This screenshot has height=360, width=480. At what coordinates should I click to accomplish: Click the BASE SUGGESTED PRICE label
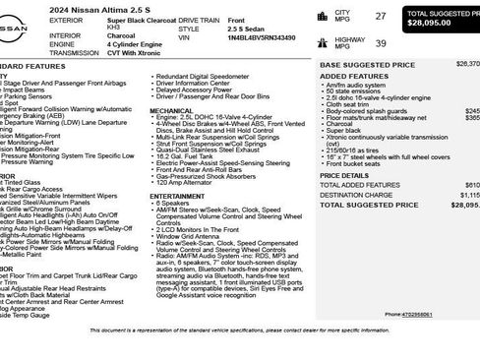pos(358,63)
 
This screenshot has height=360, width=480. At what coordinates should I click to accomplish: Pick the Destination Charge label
pos(353,194)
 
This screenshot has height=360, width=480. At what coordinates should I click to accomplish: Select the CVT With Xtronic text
pos(135,54)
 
